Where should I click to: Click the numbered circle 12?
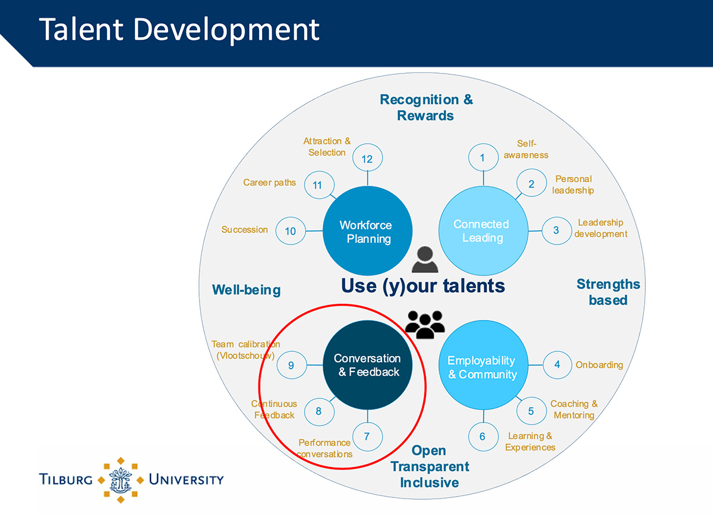[367, 157]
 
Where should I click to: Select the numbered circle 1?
[483, 157]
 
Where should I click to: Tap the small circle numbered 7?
[367, 436]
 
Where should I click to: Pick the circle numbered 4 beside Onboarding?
[557, 364]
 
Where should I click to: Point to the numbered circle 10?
[291, 231]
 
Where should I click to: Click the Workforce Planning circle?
[367, 231]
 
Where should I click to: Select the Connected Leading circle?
[483, 231]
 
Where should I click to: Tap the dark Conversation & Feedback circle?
[367, 365]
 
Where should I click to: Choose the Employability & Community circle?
[483, 365]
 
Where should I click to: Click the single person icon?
[425, 259]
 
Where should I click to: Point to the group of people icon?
[425, 324]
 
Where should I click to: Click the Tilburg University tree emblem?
[120, 480]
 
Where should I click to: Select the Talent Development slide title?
[179, 30]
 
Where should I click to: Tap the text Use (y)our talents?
[422, 285]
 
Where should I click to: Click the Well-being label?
[247, 290]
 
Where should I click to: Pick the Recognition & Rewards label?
[426, 107]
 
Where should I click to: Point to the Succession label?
[244, 230]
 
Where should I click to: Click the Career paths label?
[269, 182]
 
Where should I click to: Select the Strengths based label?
[608, 292]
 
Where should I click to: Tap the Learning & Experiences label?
[530, 442]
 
